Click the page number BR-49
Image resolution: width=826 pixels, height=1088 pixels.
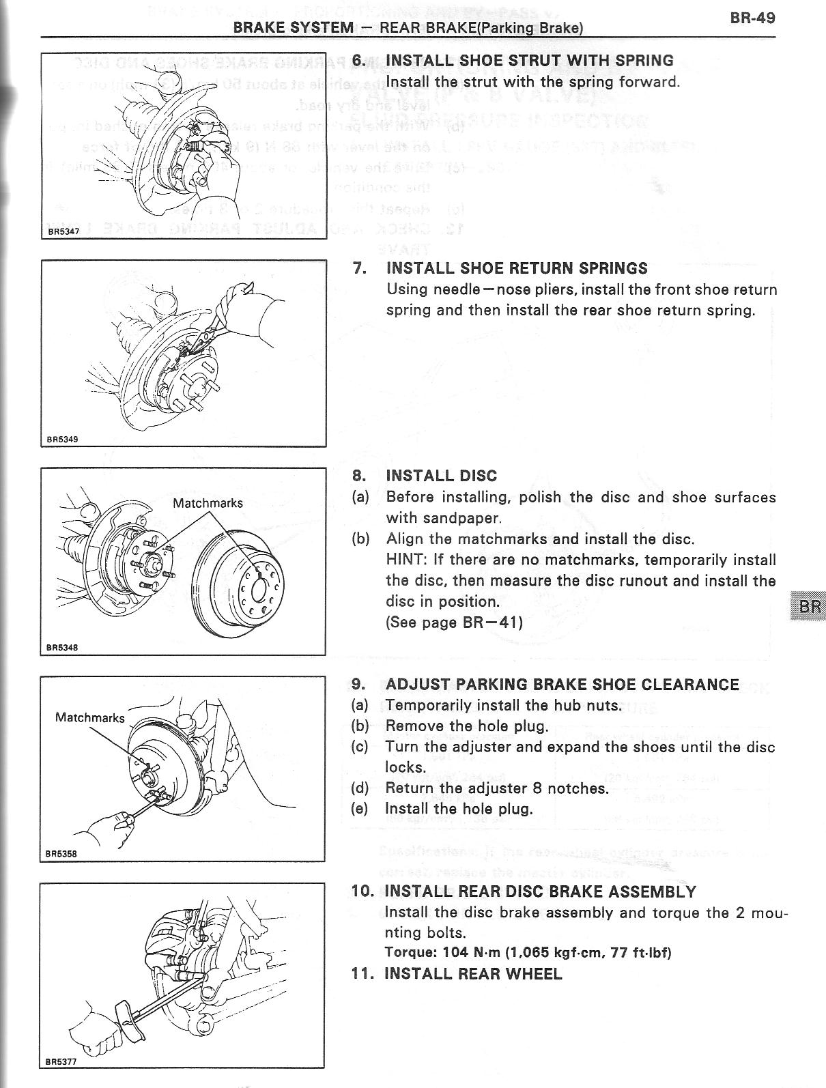tap(752, 18)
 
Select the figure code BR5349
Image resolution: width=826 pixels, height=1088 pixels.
tap(62, 439)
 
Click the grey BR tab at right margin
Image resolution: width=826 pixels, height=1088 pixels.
tap(806, 607)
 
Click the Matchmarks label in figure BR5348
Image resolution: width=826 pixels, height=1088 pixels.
tap(208, 503)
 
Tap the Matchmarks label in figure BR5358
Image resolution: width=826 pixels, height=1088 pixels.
tap(89, 717)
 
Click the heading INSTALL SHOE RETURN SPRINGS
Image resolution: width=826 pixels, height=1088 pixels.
tap(517, 268)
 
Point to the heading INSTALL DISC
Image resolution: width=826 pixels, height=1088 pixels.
tap(441, 476)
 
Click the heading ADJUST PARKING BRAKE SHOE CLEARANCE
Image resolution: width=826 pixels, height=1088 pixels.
tap(562, 684)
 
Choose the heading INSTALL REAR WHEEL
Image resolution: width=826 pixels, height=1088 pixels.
tap(473, 973)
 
